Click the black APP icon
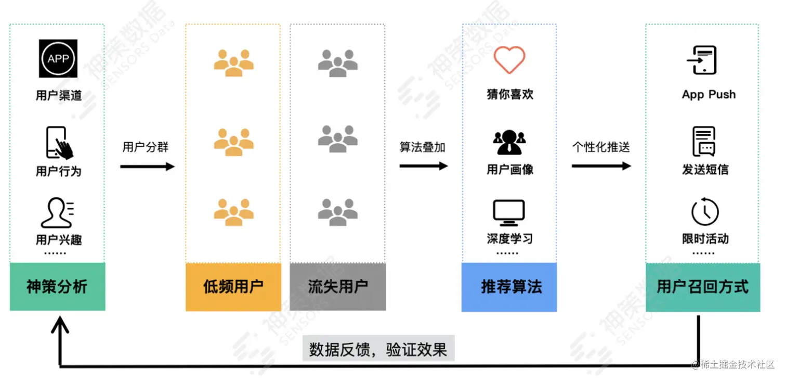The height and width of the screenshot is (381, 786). click(58, 58)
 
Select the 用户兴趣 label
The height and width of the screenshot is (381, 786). click(59, 239)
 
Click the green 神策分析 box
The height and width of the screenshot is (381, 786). click(57, 286)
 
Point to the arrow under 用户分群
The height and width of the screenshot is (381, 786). click(147, 167)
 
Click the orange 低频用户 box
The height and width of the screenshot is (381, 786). click(233, 286)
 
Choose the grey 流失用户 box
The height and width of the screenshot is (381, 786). click(338, 286)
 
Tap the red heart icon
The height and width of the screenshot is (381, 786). click(509, 59)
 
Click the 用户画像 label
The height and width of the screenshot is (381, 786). click(510, 170)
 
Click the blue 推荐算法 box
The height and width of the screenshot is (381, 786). click(509, 286)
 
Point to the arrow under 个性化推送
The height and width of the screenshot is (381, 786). click(601, 166)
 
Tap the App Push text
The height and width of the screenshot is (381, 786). click(709, 95)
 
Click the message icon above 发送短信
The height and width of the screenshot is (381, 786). click(704, 142)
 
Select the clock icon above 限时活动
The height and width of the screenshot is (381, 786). click(705, 212)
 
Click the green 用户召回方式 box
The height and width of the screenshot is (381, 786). click(703, 286)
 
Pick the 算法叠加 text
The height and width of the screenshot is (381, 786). click(422, 147)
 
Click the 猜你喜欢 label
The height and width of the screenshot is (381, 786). click(510, 95)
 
